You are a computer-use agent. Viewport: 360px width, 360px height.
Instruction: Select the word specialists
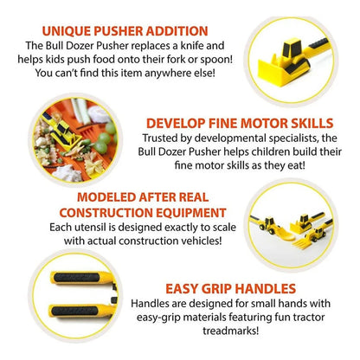click(293, 138)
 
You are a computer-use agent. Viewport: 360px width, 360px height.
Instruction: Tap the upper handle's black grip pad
click(77, 278)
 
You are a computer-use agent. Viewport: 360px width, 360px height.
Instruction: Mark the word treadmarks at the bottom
click(230, 331)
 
